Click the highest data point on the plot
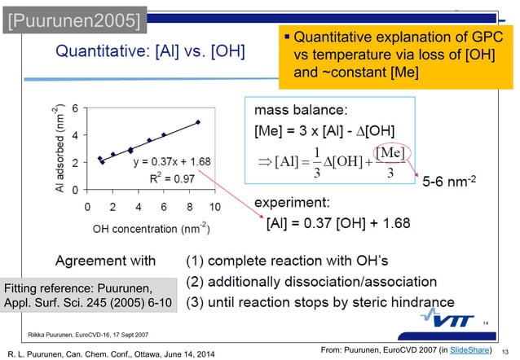click(198, 122)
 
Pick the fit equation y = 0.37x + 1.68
click(172, 161)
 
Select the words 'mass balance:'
click(301, 108)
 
